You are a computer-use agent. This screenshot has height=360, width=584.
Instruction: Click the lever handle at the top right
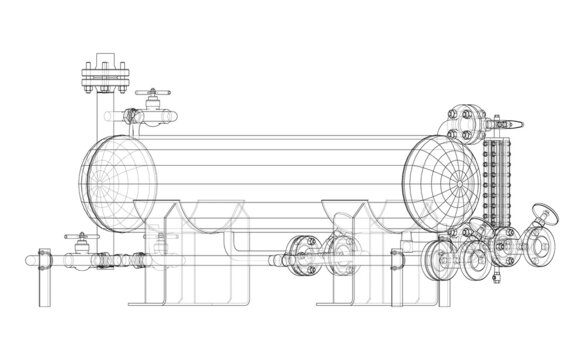pyautogui.click(x=509, y=124)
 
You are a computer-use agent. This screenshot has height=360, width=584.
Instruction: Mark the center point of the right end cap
pyautogui.click(x=456, y=184)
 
